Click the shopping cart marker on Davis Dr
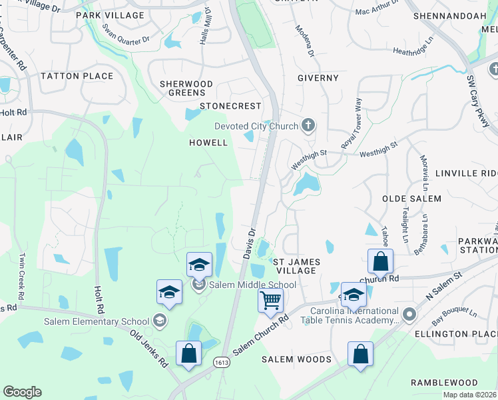tap(270, 300)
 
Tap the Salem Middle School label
tap(252, 285)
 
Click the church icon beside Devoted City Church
tap(308, 125)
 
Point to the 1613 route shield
tap(222, 361)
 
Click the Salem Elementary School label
tap(97, 321)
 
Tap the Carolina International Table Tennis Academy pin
tap(409, 313)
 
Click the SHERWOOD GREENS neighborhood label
tap(186, 88)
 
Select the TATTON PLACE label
tap(77, 76)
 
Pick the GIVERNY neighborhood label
tap(318, 78)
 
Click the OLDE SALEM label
tap(411, 199)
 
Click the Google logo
tap(22, 392)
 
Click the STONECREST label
tap(231, 106)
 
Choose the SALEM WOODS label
tap(296, 359)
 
